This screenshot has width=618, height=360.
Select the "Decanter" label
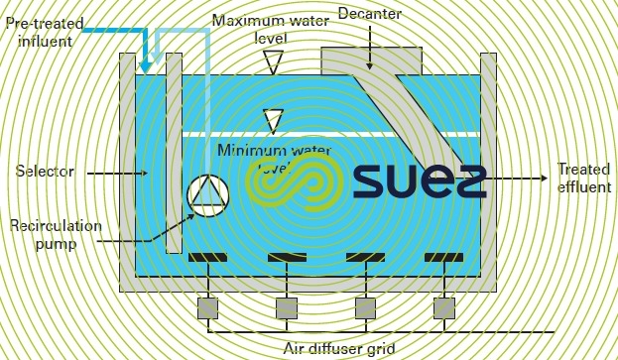pos(368,13)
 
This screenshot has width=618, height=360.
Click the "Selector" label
pos(45,172)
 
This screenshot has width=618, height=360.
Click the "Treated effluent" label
pos(582,178)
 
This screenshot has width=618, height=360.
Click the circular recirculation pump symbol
pos(206,193)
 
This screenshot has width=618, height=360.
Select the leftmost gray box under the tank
pos(207,307)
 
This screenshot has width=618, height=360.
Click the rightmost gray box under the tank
pos(443,307)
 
